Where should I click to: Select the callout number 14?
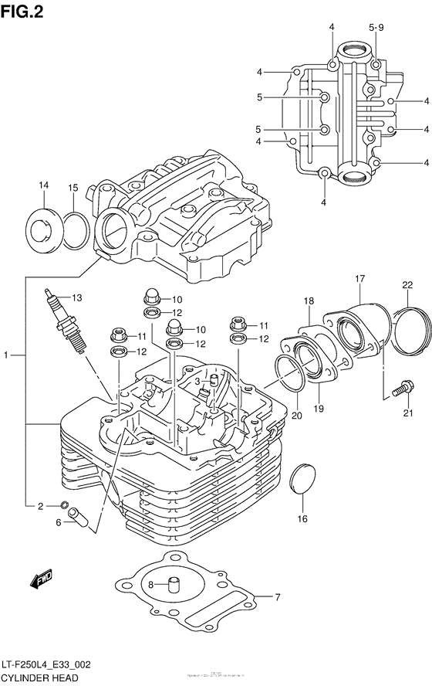(x=43, y=185)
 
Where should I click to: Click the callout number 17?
(x=359, y=278)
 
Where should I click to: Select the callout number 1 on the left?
(x=6, y=355)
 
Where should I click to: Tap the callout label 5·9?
(x=376, y=28)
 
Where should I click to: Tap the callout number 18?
(x=309, y=301)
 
